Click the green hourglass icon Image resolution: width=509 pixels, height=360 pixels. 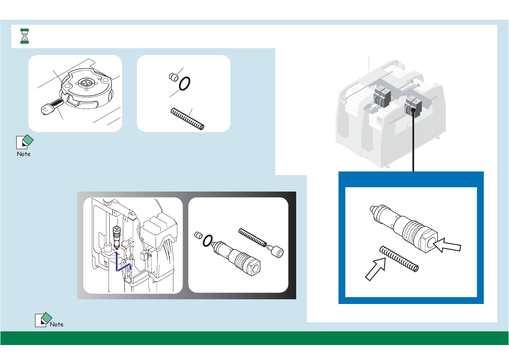[x=25, y=36]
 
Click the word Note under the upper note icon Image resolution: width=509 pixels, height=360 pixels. [x=24, y=154]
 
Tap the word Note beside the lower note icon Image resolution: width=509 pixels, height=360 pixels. [x=57, y=324]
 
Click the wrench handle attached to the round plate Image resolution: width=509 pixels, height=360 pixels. [x=53, y=106]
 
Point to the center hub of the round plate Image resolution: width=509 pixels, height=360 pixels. [x=86, y=83]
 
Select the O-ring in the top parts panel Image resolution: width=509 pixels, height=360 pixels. [x=185, y=84]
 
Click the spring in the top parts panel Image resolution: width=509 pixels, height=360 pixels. [x=187, y=119]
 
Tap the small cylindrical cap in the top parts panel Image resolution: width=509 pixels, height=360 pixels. [x=174, y=77]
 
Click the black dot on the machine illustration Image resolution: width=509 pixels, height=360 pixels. [x=413, y=110]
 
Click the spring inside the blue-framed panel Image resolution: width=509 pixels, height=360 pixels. [x=399, y=259]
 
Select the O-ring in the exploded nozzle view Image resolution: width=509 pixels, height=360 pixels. [x=208, y=241]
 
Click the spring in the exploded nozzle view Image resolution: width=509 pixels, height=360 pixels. [x=253, y=237]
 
